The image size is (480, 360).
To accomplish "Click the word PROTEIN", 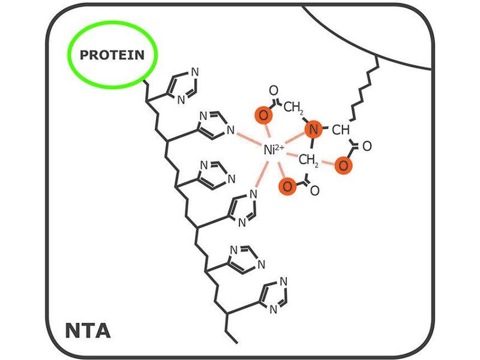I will coord(112,55).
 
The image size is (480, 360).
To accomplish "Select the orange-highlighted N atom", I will coord(311,128).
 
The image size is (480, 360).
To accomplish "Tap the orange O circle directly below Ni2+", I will coord(287,185).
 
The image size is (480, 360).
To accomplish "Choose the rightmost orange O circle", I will coord(342,164).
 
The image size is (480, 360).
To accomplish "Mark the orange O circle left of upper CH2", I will coord(263,115).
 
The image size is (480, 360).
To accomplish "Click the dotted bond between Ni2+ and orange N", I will coord(295,137).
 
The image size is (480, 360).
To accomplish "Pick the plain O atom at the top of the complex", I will coord(273,91).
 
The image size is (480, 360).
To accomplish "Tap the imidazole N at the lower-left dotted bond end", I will coord(254,193).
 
